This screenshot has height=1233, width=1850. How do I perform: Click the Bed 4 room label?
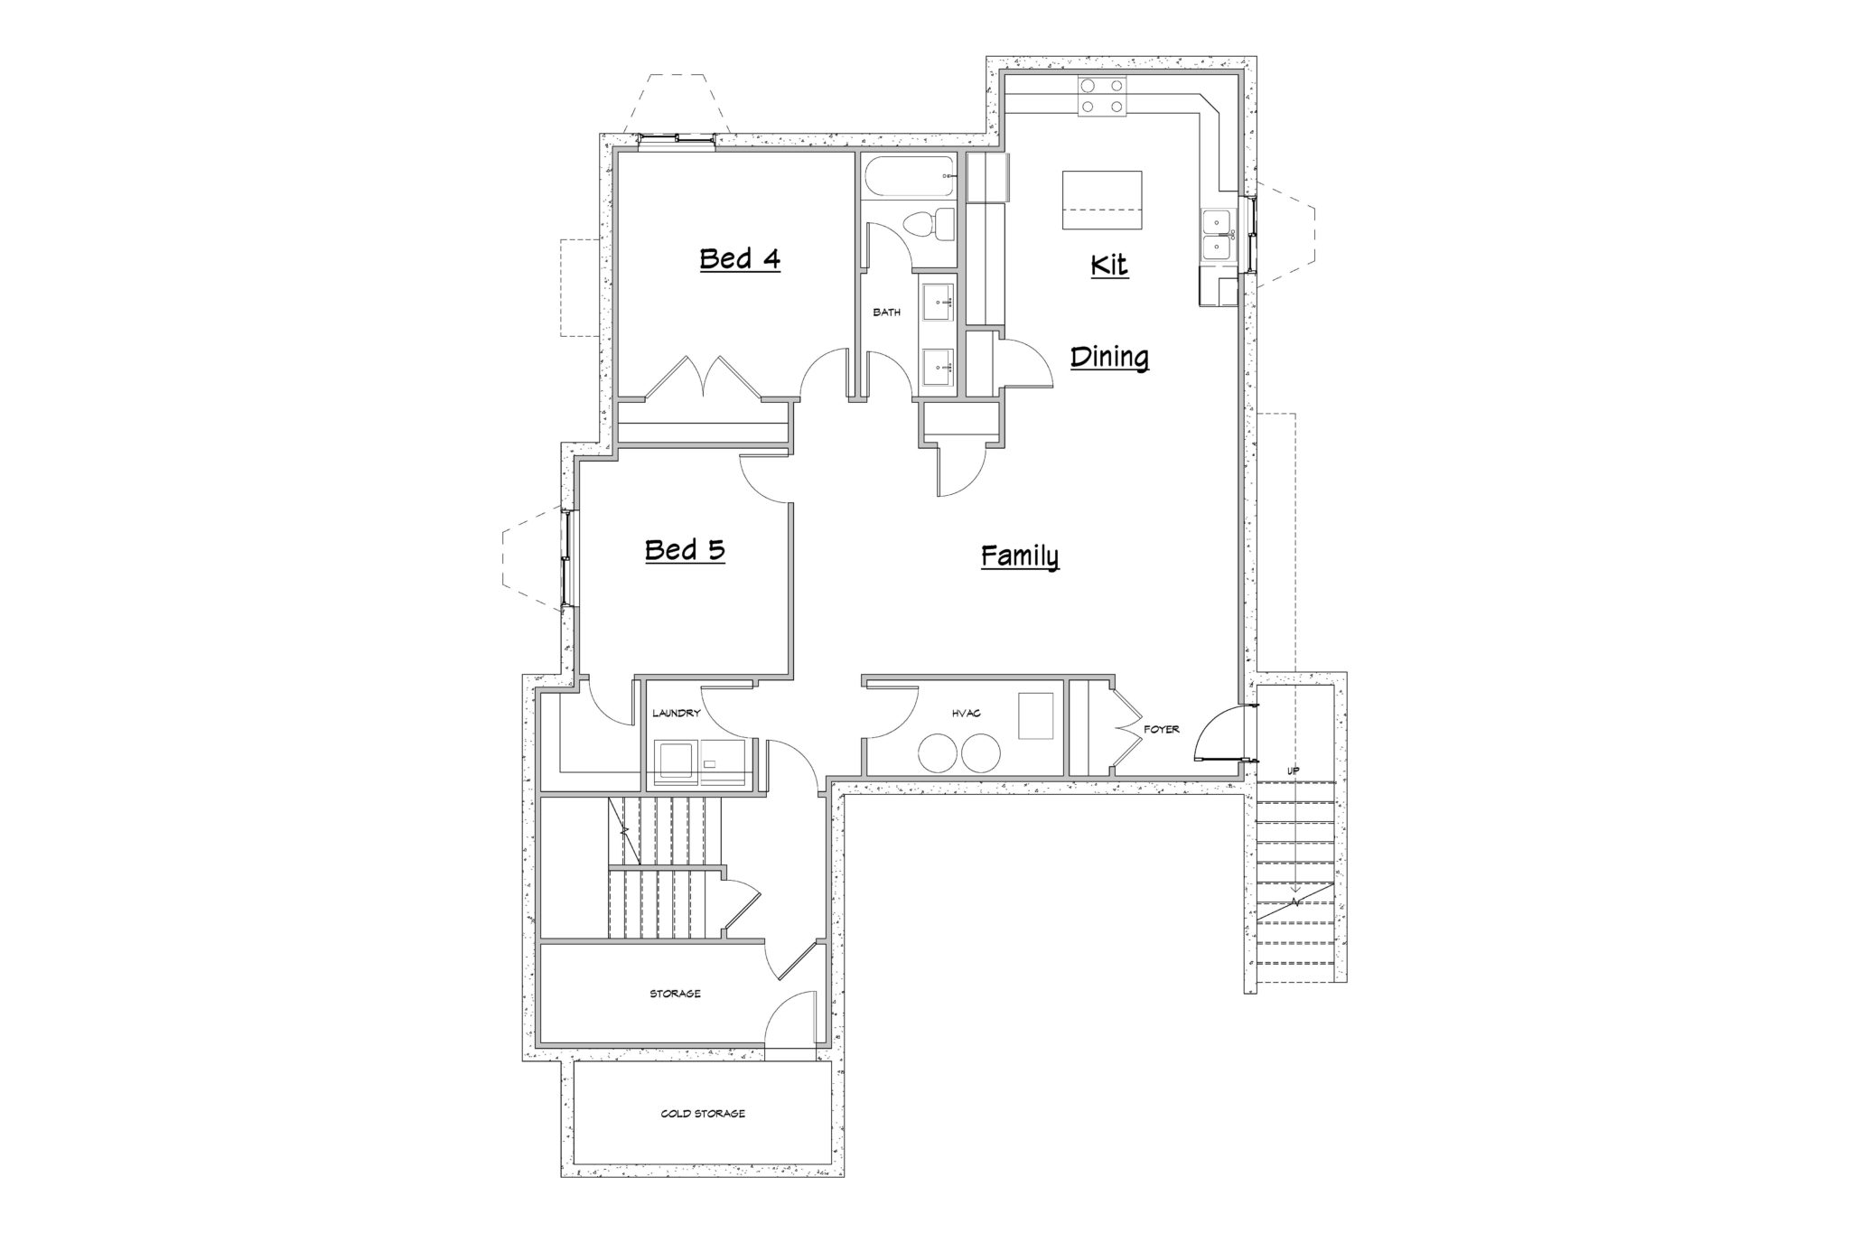pyautogui.click(x=740, y=259)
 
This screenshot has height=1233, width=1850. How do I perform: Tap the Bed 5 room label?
pyautogui.click(x=685, y=550)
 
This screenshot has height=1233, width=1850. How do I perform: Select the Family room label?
pyautogui.click(x=1020, y=556)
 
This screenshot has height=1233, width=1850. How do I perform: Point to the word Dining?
pyautogui.click(x=1109, y=358)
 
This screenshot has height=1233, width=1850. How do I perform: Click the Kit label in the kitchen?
pyautogui.click(x=1109, y=266)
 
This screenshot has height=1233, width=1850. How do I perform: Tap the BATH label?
pyautogui.click(x=886, y=313)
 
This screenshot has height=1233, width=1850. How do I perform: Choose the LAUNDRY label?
pyautogui.click(x=677, y=713)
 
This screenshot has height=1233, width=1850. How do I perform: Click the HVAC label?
pyautogui.click(x=966, y=714)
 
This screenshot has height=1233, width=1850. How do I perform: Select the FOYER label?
pyautogui.click(x=1162, y=729)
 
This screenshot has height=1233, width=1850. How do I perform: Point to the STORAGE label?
pyautogui.click(x=675, y=994)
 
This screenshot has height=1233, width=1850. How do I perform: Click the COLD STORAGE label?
pyautogui.click(x=703, y=1114)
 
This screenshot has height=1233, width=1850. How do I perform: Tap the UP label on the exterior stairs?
pyautogui.click(x=1293, y=771)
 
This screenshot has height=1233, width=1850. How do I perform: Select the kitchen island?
pyautogui.click(x=1102, y=201)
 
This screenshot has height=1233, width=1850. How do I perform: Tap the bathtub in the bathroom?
pyautogui.click(x=909, y=175)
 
